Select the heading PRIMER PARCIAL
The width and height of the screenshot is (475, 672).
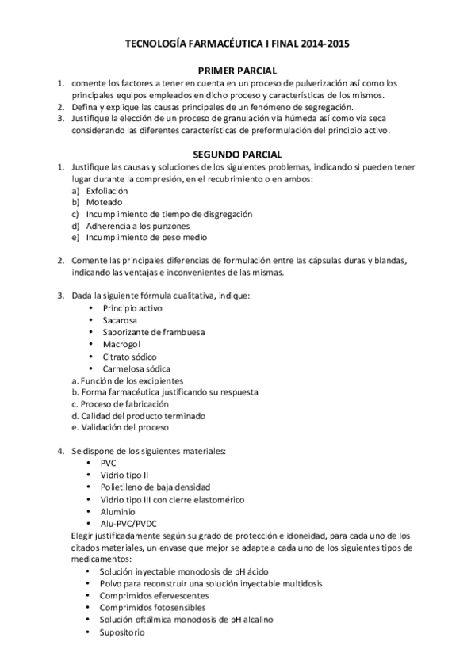(x=237, y=71)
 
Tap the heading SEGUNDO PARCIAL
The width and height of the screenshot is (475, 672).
(x=237, y=155)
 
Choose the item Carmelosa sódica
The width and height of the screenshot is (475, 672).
(x=136, y=368)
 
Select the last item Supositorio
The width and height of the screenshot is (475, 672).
(x=126, y=632)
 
